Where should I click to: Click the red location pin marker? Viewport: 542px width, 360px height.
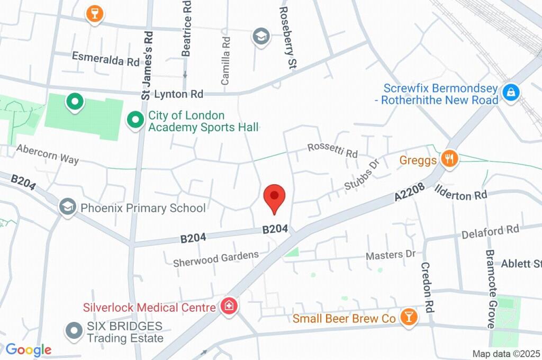274,198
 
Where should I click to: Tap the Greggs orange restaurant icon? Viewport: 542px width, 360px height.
449,158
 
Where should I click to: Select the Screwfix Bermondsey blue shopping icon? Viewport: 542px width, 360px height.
511,93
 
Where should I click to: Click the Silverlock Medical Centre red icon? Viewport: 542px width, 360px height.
229,306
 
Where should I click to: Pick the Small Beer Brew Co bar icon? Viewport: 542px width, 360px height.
409,317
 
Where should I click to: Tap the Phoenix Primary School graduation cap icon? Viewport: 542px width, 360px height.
67,207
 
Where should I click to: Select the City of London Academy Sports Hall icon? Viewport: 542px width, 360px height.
135,120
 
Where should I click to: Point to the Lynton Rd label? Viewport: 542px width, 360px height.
178,94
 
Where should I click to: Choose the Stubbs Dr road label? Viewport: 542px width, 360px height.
363,174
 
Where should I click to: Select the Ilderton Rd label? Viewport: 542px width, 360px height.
460,193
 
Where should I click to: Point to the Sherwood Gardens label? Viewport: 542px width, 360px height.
216,259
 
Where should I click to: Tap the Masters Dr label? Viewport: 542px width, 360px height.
391,255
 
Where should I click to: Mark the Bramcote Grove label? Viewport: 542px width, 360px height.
490,289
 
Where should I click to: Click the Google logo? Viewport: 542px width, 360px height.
29,349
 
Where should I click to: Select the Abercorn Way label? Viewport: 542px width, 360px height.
47,154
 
